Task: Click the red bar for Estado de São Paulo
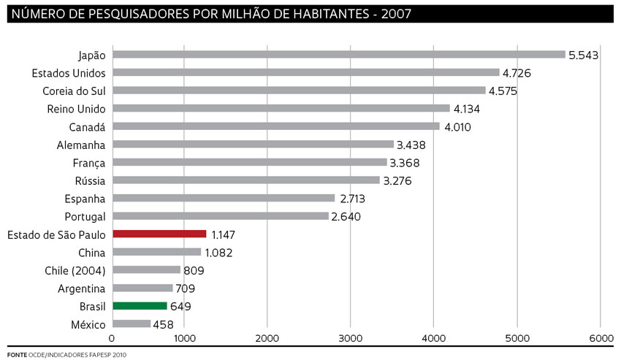pyautogui.click(x=159, y=234)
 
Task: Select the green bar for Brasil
pyautogui.click(x=140, y=307)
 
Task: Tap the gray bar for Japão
pyautogui.click(x=339, y=54)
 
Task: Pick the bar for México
pyautogui.click(x=132, y=324)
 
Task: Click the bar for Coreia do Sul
pyautogui.click(x=299, y=91)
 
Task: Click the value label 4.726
pyautogui.click(x=517, y=73)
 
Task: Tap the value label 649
pyautogui.click(x=181, y=307)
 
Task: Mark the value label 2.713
pyautogui.click(x=352, y=199)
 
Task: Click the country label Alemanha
pyautogui.click(x=81, y=145)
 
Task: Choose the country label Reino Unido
pyautogui.click(x=76, y=109)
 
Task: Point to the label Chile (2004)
pyautogui.click(x=75, y=271)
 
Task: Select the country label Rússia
pyautogui.click(x=90, y=180)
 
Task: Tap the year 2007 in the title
pyautogui.click(x=398, y=14)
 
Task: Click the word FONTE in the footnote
pyautogui.click(x=17, y=354)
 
